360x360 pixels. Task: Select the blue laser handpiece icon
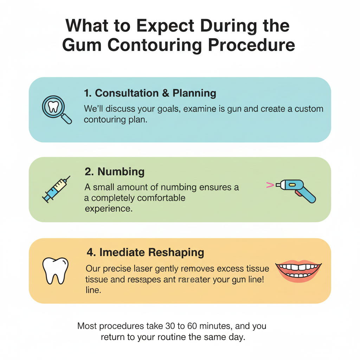point(295,189)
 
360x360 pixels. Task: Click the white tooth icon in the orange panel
point(55,271)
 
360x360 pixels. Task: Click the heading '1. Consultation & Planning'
point(150,93)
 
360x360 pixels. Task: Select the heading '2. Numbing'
point(115,172)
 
